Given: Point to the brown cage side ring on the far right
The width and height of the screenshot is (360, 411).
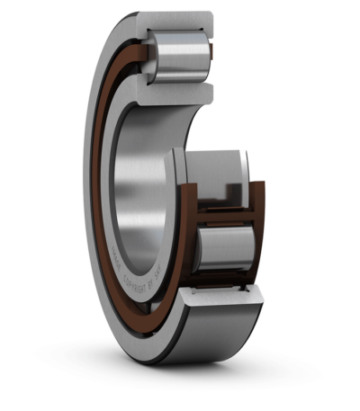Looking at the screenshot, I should click(x=259, y=234).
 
